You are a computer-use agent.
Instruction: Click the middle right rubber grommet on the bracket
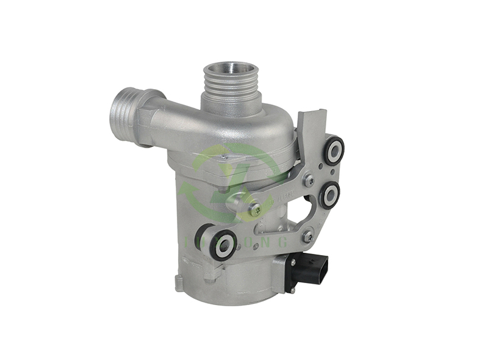click(329, 195)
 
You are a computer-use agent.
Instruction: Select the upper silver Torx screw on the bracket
click(310, 180)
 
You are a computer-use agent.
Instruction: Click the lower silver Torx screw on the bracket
click(307, 234)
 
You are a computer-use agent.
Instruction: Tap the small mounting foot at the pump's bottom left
click(179, 282)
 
